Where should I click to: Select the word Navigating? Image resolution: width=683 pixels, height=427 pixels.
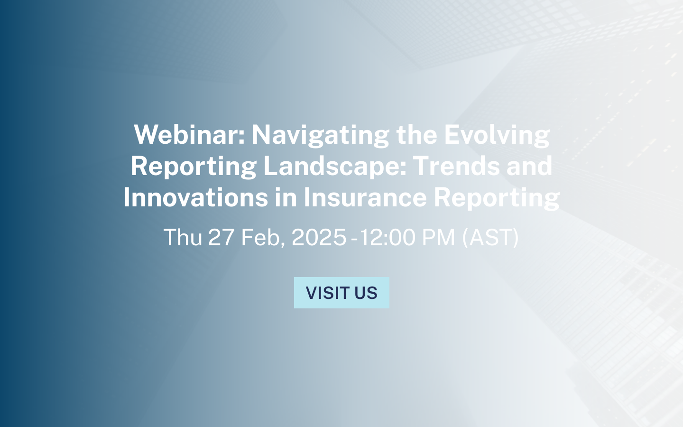pyautogui.click(x=320, y=135)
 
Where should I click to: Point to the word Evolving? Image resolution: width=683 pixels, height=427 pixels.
pyautogui.click(x=497, y=135)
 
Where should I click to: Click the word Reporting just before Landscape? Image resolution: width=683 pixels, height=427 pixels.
pyautogui.click(x=194, y=166)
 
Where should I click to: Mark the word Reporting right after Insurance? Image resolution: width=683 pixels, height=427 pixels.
pyautogui.click(x=497, y=197)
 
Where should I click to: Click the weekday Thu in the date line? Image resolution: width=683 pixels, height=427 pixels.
pyautogui.click(x=183, y=237)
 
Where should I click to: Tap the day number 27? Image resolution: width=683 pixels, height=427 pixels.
pyautogui.click(x=221, y=237)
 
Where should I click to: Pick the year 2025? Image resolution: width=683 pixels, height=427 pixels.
pyautogui.click(x=319, y=237)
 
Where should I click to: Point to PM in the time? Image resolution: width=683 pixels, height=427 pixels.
pyautogui.click(x=438, y=237)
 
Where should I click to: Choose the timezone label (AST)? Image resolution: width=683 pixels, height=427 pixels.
pyautogui.click(x=490, y=237)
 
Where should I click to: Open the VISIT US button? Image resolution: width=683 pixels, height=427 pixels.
pyautogui.click(x=341, y=293)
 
